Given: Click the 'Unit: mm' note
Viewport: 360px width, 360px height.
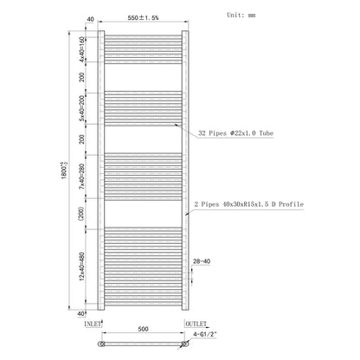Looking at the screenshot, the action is [x=241, y=15].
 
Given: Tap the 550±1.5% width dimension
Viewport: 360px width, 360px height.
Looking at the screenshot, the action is [x=143, y=18].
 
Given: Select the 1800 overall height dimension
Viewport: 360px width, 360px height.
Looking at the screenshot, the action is [x=64, y=170].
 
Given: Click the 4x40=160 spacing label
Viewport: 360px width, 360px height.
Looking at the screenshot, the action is [x=82, y=49].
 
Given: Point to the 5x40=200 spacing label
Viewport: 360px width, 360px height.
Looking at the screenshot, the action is [x=82, y=108].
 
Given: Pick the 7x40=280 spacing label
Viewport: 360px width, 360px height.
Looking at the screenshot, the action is [x=82, y=177].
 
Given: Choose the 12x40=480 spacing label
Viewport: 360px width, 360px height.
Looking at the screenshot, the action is [x=82, y=267].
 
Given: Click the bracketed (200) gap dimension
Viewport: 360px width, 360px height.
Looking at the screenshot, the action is [x=81, y=214].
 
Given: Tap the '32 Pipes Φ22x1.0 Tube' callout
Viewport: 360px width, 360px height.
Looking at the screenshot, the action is [x=235, y=133].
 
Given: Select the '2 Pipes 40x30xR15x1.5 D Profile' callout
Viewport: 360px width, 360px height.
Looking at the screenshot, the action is [x=249, y=204].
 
